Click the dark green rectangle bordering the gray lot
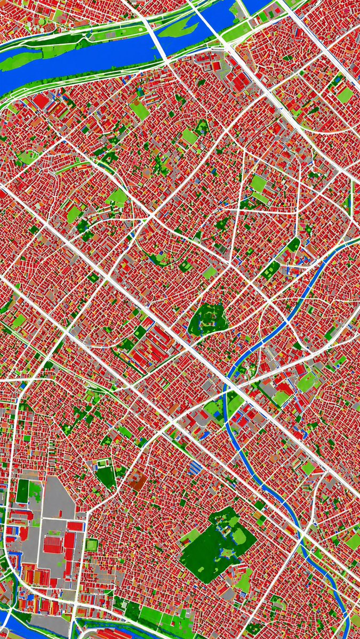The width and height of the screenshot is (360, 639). (22, 490)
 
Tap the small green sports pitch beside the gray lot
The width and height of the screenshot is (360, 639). (92, 545)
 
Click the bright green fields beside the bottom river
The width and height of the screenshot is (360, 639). (155, 616)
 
